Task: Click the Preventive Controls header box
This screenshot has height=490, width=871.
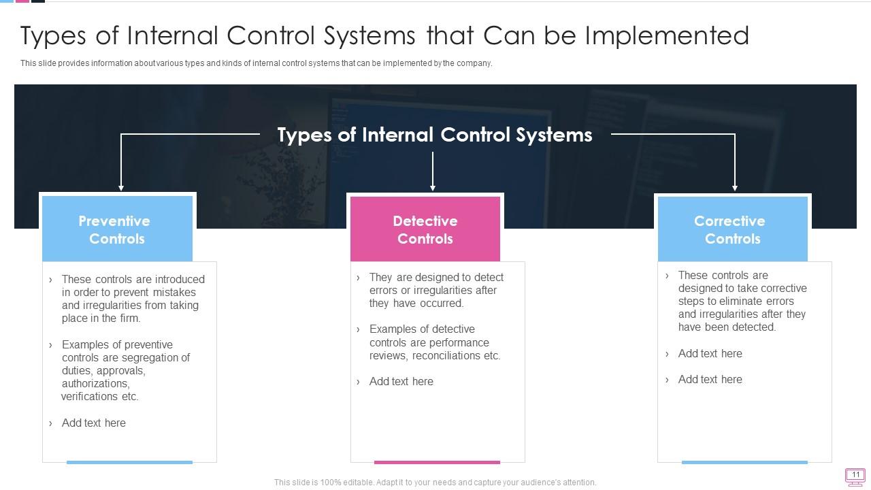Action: (x=117, y=229)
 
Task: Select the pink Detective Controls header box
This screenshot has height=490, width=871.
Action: (x=425, y=229)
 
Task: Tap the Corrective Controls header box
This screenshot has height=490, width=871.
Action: (x=732, y=229)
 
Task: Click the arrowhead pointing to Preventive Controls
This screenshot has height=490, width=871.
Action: (x=121, y=187)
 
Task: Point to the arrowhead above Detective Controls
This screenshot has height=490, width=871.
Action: (x=433, y=187)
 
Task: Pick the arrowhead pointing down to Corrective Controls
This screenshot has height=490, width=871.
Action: (x=735, y=187)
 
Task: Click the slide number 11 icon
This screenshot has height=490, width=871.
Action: (x=855, y=476)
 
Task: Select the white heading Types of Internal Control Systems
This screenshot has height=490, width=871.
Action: (x=435, y=135)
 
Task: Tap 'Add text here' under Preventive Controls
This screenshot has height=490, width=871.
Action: (x=93, y=423)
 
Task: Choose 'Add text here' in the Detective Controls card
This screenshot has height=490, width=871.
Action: (x=401, y=381)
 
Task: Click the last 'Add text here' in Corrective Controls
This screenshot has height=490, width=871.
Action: (x=710, y=379)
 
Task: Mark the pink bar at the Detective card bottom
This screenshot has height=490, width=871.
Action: (x=437, y=462)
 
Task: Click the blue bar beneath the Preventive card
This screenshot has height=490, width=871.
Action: (x=129, y=462)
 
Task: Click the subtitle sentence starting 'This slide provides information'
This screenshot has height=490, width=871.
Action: (x=256, y=63)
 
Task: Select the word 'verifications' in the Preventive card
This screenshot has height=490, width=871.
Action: (x=90, y=396)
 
